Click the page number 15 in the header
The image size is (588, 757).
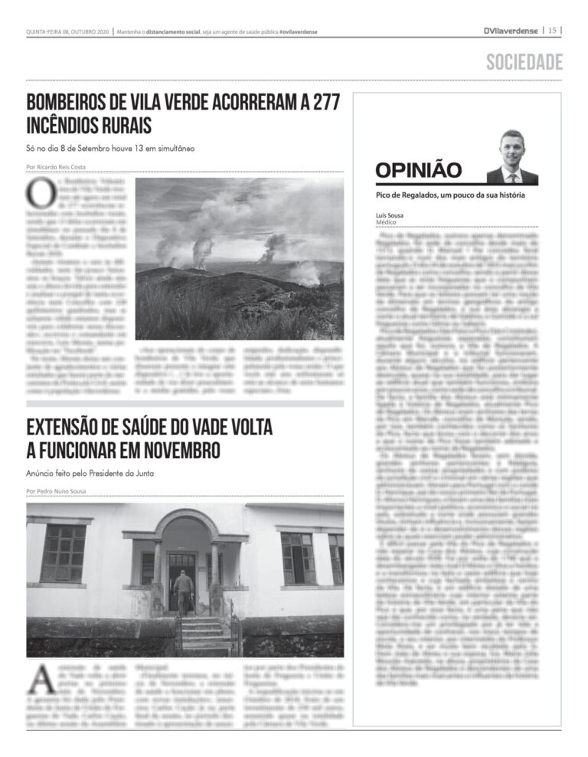point(552,31)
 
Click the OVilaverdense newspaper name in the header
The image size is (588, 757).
point(511,31)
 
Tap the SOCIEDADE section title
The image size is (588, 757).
point(524,62)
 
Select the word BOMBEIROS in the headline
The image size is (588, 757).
point(67,103)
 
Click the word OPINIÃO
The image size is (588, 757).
point(419,169)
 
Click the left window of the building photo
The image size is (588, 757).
point(63,552)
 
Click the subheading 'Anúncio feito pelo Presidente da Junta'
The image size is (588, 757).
point(90,473)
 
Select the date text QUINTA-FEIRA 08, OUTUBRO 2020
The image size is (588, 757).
point(67,31)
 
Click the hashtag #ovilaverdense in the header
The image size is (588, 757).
point(299,31)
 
